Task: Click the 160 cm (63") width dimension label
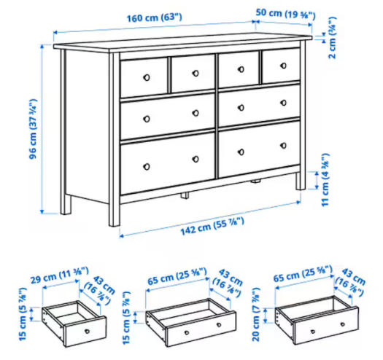(x=155, y=17)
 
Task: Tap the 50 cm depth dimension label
(x=286, y=14)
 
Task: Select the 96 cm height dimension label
(x=33, y=129)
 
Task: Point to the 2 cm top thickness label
(x=332, y=38)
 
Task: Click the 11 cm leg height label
(x=325, y=180)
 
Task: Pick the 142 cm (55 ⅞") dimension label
(x=212, y=226)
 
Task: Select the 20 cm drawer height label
(x=256, y=315)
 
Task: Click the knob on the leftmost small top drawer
(x=147, y=77)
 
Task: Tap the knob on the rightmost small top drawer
(x=284, y=66)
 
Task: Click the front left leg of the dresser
(x=114, y=140)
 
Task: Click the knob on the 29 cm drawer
(x=87, y=331)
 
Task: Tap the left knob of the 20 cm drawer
(x=313, y=332)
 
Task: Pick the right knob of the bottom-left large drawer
(x=196, y=159)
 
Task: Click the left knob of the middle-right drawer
(x=241, y=108)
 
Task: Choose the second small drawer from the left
(x=193, y=73)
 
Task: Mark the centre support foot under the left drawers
(x=185, y=195)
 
